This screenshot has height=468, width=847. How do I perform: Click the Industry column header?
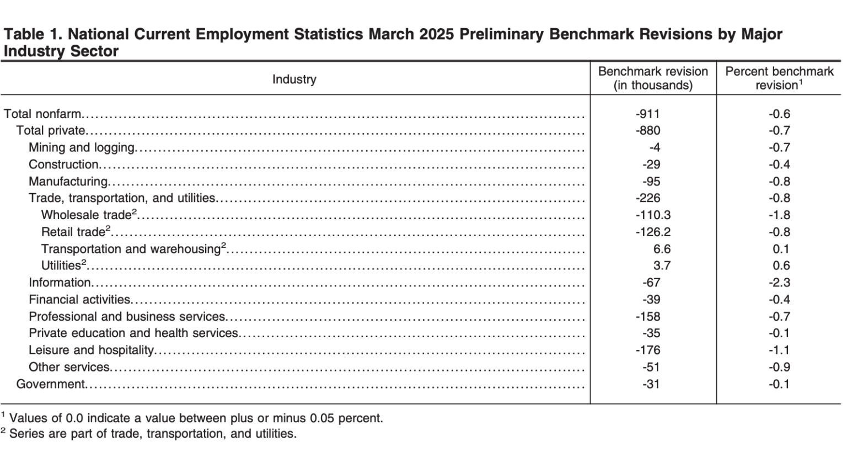click(294, 79)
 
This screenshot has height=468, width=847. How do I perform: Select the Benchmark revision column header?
click(653, 78)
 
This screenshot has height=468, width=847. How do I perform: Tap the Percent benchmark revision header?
click(779, 78)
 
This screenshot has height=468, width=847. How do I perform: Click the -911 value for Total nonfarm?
click(647, 114)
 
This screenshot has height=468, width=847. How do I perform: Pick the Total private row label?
click(51, 131)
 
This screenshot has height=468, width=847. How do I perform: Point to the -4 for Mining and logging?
click(654, 147)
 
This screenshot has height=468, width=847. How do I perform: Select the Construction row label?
click(63, 164)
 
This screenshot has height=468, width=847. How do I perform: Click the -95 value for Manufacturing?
click(651, 182)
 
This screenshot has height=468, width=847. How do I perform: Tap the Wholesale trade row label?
click(86, 215)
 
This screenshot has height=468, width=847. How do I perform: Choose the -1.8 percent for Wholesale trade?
click(779, 215)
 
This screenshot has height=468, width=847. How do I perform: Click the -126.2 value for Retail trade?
click(653, 232)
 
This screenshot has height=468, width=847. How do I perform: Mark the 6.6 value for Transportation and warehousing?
click(662, 249)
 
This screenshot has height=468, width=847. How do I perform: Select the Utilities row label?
click(61, 265)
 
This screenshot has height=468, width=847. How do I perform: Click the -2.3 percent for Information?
click(779, 283)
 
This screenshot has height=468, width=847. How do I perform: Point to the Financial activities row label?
click(79, 300)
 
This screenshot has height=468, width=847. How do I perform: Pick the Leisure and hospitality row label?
click(91, 350)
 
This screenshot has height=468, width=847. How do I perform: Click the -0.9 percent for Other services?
click(779, 367)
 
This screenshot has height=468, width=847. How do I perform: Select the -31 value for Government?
click(651, 384)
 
